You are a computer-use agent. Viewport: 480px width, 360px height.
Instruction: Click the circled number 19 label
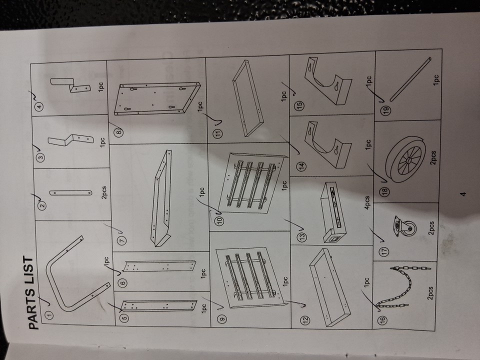pyautogui.click(x=385, y=110)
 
